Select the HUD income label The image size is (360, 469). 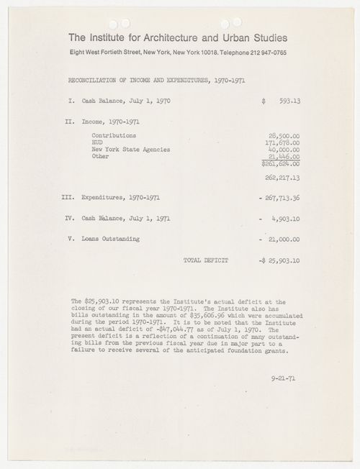(99, 142)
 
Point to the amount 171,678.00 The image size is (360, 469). (284, 142)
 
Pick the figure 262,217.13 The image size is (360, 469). (284, 176)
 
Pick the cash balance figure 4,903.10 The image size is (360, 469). (287, 217)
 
